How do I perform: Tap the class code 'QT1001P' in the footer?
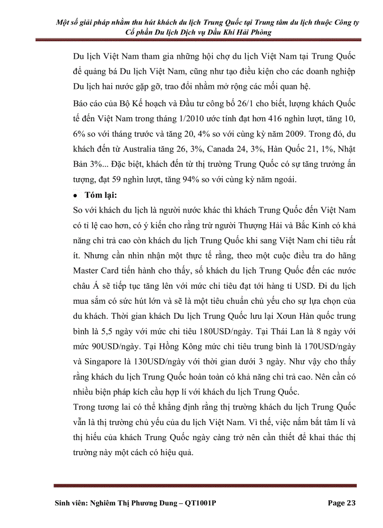click(x=200, y=503)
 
